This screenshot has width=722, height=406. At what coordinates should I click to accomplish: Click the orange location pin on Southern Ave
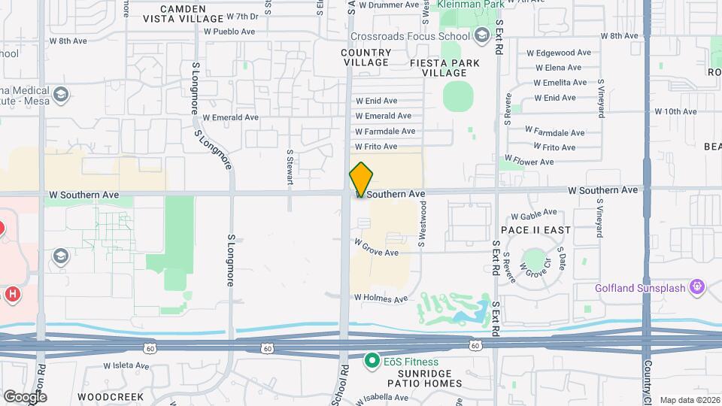coord(361,179)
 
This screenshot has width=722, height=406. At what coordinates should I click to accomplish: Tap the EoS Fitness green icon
coord(371,362)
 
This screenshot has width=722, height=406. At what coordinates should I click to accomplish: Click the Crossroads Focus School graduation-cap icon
coord(481,35)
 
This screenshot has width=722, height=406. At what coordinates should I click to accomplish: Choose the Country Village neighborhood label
coord(366,58)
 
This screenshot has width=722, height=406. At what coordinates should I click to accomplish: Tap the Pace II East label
coord(536,229)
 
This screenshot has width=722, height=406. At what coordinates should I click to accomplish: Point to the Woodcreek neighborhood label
coord(102,395)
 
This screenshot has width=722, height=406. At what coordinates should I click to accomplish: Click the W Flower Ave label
coord(529,162)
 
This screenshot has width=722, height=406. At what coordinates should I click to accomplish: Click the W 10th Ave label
coord(675,111)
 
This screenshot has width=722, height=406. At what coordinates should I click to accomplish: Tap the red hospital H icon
coord(12,294)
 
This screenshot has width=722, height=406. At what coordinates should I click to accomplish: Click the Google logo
coord(24,396)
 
